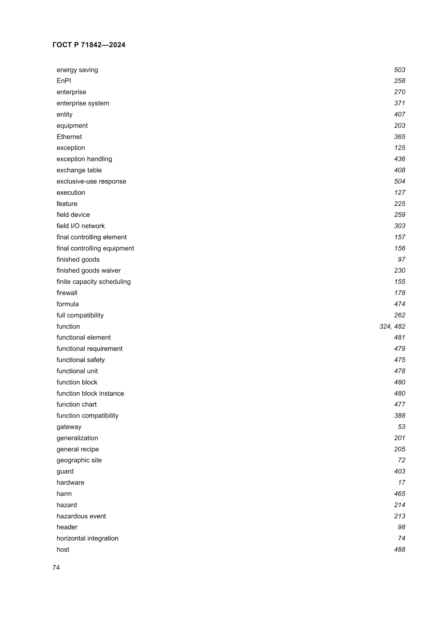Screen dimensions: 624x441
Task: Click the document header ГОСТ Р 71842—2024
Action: click(89, 45)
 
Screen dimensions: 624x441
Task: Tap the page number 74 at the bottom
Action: click(56, 567)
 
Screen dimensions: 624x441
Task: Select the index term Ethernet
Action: click(69, 137)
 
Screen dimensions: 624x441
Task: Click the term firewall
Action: click(67, 293)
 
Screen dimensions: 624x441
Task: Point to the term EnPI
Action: click(63, 81)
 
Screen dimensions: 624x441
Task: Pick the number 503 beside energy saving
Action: click(399, 70)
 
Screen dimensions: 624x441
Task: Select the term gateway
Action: click(69, 427)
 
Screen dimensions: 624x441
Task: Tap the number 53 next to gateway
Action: click(401, 427)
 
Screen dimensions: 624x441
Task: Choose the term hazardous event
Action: click(81, 516)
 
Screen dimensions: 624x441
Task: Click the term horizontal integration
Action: click(87, 538)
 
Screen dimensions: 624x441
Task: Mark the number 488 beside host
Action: click(399, 550)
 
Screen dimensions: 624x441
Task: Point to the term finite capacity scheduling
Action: click(93, 281)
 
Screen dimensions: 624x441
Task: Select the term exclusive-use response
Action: click(91, 181)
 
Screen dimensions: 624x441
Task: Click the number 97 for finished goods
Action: click(401, 260)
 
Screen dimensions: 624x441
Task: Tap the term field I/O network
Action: click(80, 226)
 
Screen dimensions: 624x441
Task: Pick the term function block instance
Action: click(90, 393)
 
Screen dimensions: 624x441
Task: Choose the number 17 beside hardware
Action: click(401, 482)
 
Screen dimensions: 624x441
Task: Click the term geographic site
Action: click(79, 460)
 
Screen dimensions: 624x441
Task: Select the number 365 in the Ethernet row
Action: click(399, 137)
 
